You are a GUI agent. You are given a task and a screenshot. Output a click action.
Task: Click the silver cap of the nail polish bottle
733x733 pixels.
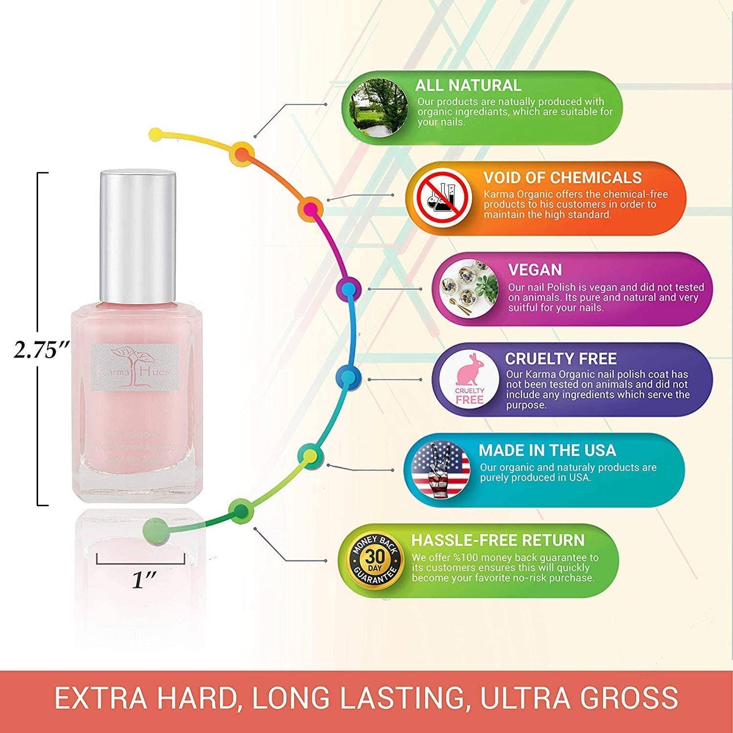coord(138,236)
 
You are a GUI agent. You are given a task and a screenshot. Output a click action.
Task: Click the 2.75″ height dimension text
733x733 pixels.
coord(40,350)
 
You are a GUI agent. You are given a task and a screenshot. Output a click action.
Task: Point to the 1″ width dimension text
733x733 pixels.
coord(144,580)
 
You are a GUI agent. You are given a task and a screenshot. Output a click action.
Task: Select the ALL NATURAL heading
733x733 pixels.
coord(468,85)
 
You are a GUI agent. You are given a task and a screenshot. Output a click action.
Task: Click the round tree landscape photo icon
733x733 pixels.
coord(379,108)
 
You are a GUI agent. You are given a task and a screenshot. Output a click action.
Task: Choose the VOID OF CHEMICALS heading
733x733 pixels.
coord(562,178)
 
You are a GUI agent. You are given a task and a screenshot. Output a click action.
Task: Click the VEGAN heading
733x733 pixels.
coord(535,270)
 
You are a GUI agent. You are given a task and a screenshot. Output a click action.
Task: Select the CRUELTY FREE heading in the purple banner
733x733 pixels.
coord(561,359)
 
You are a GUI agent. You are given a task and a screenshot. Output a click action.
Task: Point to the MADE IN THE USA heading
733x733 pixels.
coord(547,450)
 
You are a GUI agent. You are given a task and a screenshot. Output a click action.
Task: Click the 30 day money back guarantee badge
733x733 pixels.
coord(375,561)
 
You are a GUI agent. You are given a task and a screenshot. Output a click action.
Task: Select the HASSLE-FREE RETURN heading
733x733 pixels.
coord(498,540)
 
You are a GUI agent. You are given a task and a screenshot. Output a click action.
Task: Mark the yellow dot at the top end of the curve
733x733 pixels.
coord(156,135)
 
